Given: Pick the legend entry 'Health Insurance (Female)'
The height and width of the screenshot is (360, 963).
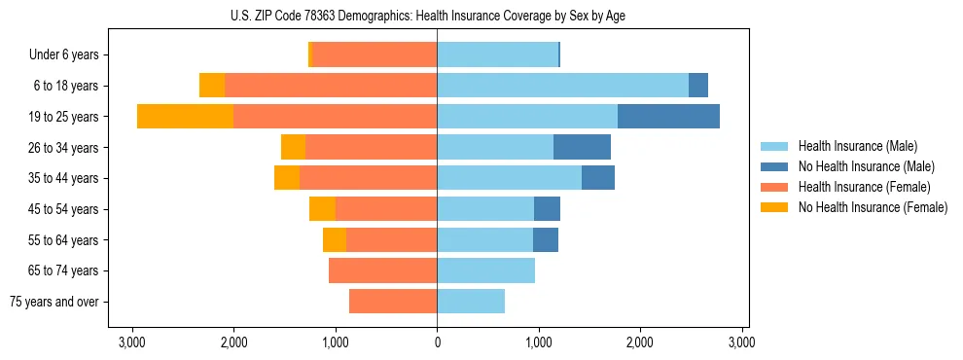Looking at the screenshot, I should point(864,187).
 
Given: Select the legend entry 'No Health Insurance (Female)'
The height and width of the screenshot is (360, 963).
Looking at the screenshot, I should point(873,207).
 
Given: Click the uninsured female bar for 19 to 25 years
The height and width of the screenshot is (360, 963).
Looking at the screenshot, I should point(185,117).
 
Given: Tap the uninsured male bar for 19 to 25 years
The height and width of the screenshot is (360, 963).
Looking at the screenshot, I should point(668,117).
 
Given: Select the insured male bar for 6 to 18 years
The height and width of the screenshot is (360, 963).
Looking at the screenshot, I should point(562,86).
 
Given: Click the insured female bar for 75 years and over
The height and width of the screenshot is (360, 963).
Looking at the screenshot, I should point(393,302).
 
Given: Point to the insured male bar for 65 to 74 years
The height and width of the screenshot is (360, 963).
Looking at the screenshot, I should point(485,270).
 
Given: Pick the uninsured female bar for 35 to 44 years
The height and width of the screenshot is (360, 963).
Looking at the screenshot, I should point(287,178).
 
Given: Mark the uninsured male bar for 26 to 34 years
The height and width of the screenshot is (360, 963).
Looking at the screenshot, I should point(582,147).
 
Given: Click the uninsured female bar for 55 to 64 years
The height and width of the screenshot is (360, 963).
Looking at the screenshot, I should point(335,239).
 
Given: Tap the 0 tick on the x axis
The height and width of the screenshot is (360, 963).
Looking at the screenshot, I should point(437,342).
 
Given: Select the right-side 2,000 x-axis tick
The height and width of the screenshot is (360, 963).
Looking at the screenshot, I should point(639,342).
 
